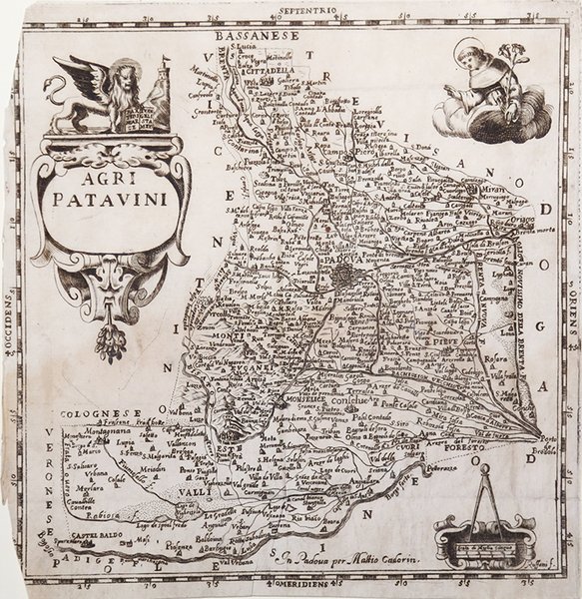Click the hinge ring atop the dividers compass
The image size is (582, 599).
(484, 470)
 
